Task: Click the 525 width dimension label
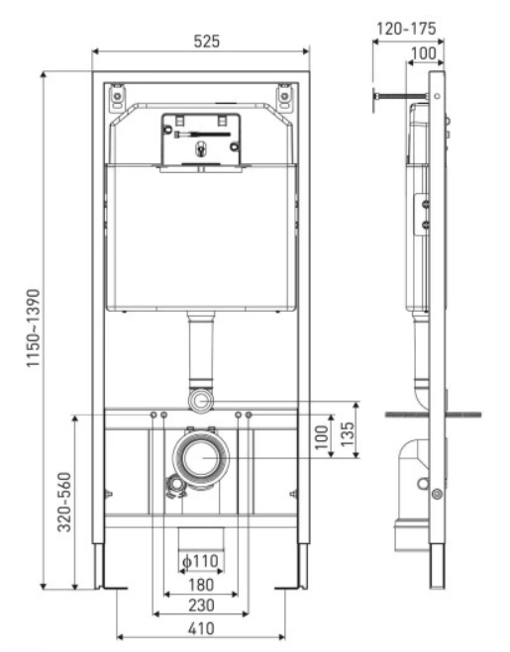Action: [207, 42]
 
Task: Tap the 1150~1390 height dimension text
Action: [34, 328]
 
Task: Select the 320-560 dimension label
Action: [64, 502]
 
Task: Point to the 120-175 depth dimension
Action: [406, 29]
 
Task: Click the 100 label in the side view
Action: [424, 53]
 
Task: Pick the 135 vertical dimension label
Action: [348, 434]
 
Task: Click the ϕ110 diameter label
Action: [200, 561]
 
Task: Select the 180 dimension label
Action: [201, 585]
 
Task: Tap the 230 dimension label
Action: [201, 605]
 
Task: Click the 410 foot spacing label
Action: [201, 628]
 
